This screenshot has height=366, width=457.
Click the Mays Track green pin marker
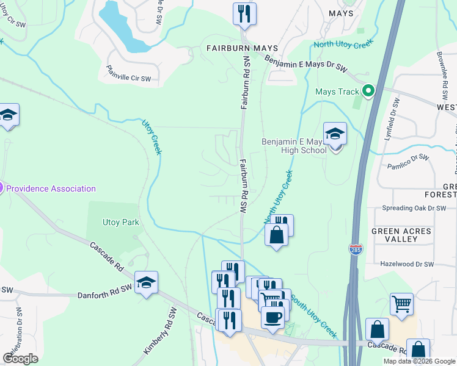click(x=368, y=91)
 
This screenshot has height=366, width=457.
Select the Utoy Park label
click(x=120, y=223)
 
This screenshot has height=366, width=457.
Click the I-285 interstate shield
click(x=355, y=249)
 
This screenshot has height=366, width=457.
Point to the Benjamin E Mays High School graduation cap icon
click(x=335, y=134)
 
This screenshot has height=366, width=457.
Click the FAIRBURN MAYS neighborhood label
click(x=242, y=48)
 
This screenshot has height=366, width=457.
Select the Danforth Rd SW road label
click(x=104, y=295)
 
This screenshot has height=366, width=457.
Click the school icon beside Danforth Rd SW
click(x=146, y=282)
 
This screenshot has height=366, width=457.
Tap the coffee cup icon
click(x=272, y=317)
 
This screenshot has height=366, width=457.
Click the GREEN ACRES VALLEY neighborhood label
click(x=402, y=235)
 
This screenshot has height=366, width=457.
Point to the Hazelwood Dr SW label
click(x=406, y=264)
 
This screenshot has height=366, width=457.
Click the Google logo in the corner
click(x=21, y=358)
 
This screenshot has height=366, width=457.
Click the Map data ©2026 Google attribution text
click(x=419, y=361)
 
